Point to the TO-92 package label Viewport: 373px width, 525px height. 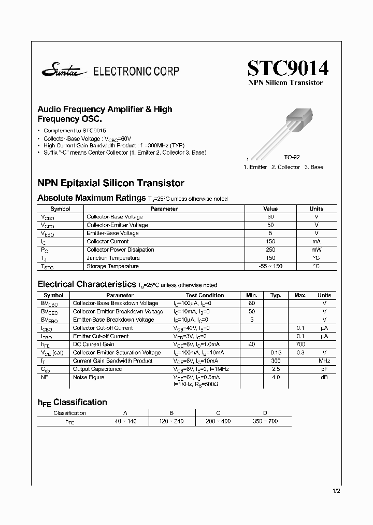point(292,157)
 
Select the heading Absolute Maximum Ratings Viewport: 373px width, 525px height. point(92,198)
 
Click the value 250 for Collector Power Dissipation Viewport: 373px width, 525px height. point(270,250)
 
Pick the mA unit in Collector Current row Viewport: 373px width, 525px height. point(316,241)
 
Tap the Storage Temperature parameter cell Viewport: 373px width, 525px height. point(112,266)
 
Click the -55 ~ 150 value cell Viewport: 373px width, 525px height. point(270,266)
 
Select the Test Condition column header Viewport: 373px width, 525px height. point(205,295)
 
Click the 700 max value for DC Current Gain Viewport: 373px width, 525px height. point(300,344)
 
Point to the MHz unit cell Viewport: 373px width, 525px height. point(324,361)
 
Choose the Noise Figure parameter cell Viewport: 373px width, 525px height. point(89,377)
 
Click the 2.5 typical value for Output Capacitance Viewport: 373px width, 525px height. point(276,369)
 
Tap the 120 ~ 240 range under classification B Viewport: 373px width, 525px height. point(171,421)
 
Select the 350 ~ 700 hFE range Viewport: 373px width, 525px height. point(265,421)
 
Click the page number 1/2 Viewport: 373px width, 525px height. point(336,490)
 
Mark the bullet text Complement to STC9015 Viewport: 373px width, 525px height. point(75,131)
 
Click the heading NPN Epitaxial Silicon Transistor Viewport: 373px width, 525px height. point(111,183)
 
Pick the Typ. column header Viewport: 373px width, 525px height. point(276,295)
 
